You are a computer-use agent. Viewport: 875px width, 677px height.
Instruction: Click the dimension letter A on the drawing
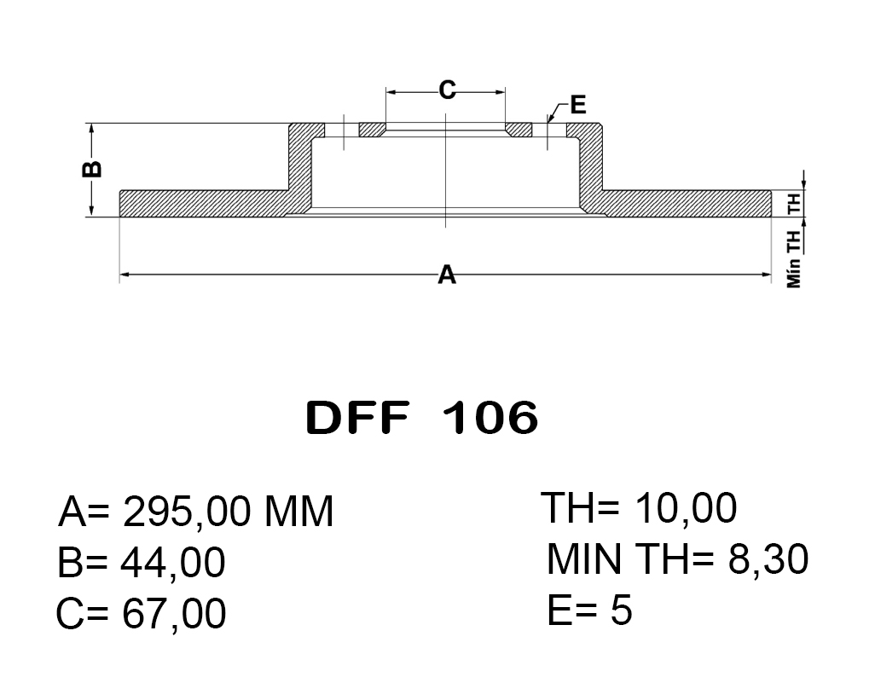click(446, 275)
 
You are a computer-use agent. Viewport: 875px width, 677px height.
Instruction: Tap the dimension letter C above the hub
click(447, 89)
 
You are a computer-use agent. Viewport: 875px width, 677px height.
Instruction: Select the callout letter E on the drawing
click(577, 105)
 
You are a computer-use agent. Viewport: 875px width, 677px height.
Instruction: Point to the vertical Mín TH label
click(794, 258)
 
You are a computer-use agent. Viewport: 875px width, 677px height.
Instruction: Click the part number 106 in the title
click(490, 418)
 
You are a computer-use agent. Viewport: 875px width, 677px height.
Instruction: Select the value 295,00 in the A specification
click(187, 512)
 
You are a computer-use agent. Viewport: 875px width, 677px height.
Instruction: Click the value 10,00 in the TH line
click(685, 510)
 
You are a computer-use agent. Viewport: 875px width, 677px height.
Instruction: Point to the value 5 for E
click(622, 610)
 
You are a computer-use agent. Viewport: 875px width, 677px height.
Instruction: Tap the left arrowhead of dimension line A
click(125, 275)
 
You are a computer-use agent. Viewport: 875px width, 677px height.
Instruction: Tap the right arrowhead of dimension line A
click(766, 275)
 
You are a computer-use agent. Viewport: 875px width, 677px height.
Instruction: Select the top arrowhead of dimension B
click(91, 128)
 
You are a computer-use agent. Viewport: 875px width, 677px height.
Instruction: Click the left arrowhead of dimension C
click(391, 90)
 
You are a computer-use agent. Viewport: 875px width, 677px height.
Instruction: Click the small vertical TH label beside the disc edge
click(794, 204)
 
